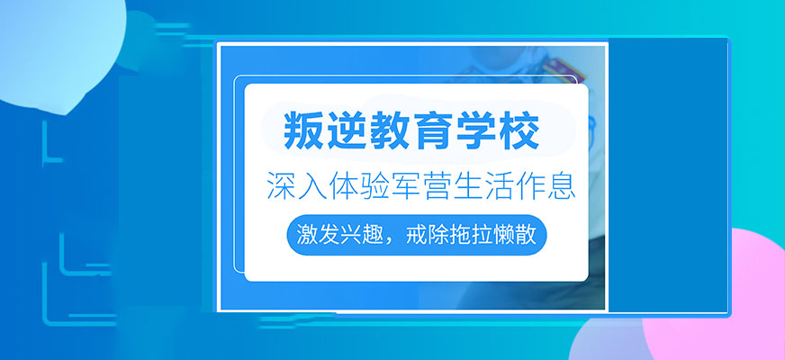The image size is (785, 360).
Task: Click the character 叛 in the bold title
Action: pyautogui.click(x=303, y=132)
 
